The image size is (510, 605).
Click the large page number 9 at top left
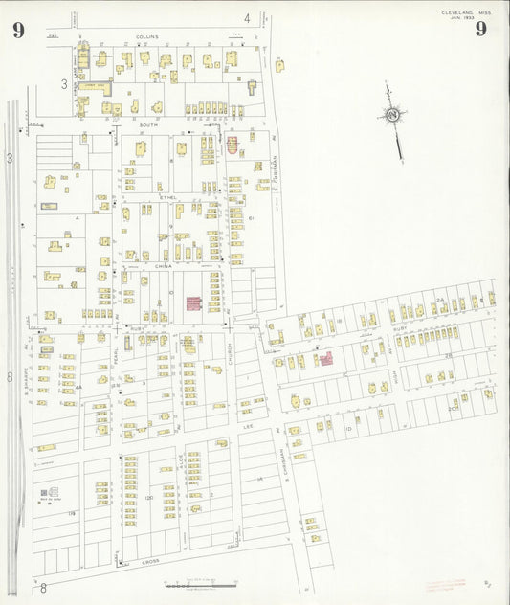click(x=18, y=29)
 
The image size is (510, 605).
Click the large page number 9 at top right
click(x=480, y=29)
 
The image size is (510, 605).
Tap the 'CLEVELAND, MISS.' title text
click(x=466, y=12)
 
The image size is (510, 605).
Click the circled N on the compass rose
click(x=392, y=116)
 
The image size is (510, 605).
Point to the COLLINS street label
click(x=146, y=36)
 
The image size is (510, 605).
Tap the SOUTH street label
click(x=148, y=125)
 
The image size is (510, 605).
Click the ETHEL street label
click(x=169, y=197)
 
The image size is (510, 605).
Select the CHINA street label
click(x=165, y=266)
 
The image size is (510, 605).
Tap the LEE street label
click(x=248, y=426)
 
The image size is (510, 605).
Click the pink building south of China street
click(x=193, y=303)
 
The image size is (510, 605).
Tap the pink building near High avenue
click(x=325, y=358)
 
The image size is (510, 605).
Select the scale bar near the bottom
click(x=201, y=582)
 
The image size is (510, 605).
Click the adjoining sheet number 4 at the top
click(x=246, y=17)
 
